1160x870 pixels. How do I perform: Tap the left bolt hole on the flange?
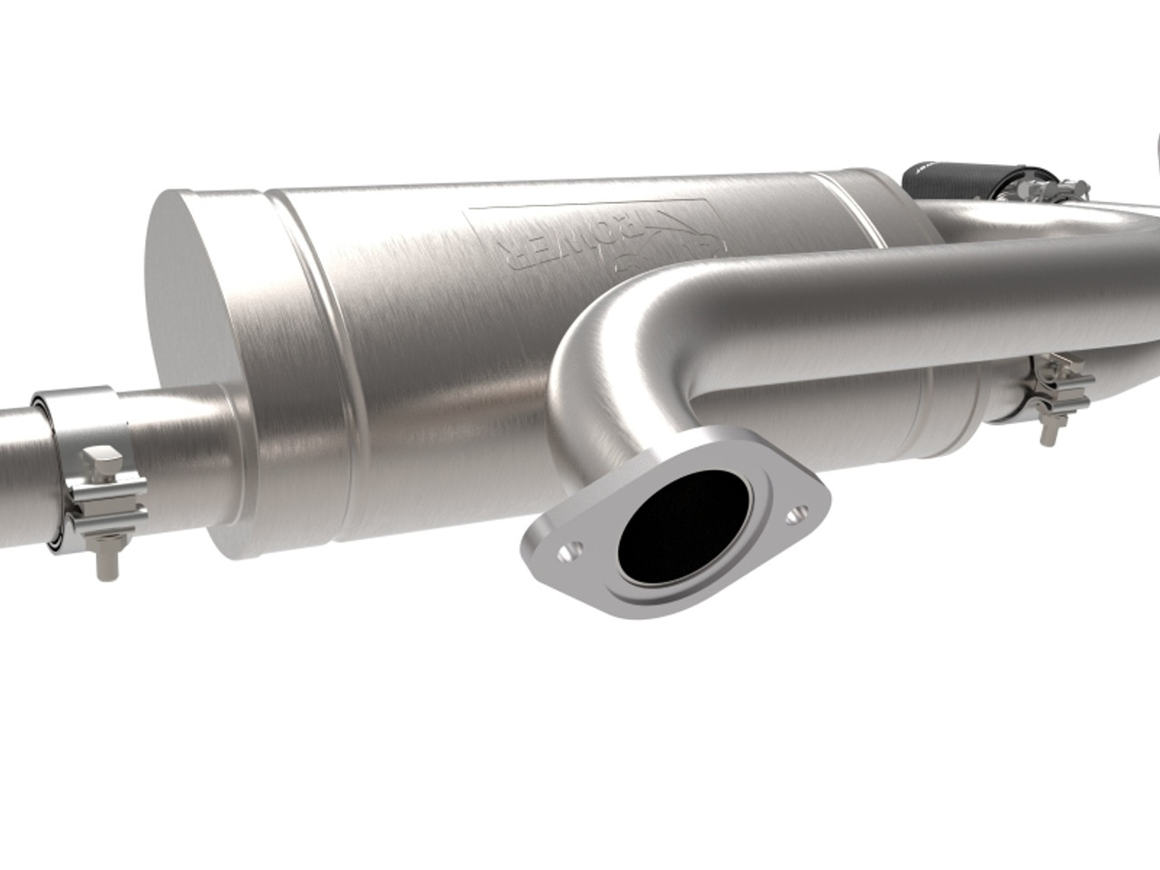[567, 549]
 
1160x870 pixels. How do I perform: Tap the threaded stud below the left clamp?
[107, 562]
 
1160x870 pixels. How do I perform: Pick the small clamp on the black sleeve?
[1033, 191]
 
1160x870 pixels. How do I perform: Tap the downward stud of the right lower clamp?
[1049, 432]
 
